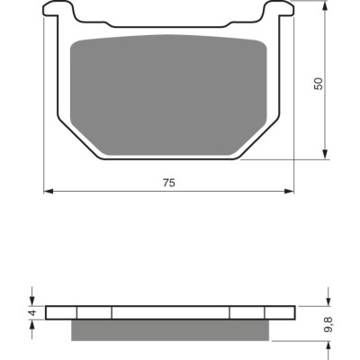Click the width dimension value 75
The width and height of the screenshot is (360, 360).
[x=169, y=183]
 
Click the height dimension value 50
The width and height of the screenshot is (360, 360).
[x=319, y=84]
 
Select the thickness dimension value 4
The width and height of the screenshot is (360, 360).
[x=32, y=312]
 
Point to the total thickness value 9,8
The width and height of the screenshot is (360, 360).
[x=328, y=325]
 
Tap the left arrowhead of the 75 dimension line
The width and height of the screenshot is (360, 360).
[x=49, y=191]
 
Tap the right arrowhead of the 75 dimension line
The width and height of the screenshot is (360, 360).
[x=289, y=191]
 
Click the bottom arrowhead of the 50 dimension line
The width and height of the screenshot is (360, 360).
[x=325, y=154]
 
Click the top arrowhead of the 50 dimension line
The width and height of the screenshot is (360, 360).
[x=325, y=4]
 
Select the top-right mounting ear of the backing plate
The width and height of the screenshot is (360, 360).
[x=278, y=9]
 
